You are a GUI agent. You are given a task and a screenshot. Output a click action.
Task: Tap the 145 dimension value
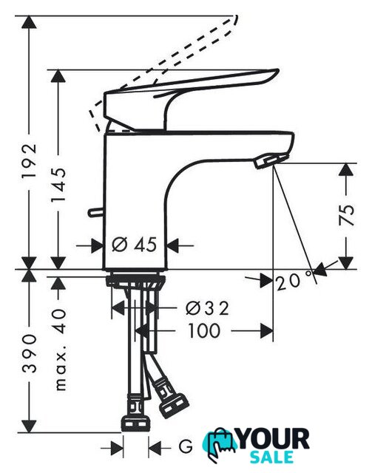tap(58, 184)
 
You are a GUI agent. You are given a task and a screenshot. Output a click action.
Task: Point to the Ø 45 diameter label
tap(135, 245)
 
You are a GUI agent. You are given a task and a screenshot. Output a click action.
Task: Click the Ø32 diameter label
tap(207, 308)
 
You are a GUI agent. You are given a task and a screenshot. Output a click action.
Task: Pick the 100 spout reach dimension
tap(204, 330)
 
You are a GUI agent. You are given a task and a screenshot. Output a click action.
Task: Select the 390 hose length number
tap(30, 353)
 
